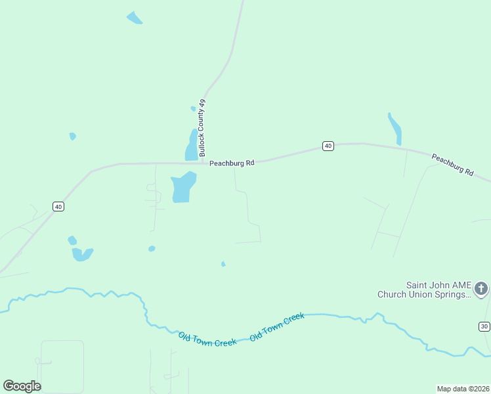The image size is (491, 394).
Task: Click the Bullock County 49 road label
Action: pyautogui.click(x=203, y=127)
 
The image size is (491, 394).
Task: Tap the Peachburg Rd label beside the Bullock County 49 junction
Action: pyautogui.click(x=232, y=163)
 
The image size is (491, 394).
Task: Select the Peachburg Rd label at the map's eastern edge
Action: pyautogui.click(x=452, y=164)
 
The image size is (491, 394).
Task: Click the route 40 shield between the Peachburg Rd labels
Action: pyautogui.click(x=328, y=146)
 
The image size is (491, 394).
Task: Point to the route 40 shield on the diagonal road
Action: pyautogui.click(x=58, y=207)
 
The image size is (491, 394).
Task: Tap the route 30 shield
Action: pyautogui.click(x=484, y=326)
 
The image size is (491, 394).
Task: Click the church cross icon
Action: pyautogui.click(x=481, y=288)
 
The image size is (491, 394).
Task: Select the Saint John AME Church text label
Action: pyautogui.click(x=424, y=290)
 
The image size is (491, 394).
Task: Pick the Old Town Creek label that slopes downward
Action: pyautogui.click(x=207, y=339)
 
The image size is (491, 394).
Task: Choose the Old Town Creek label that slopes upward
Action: pyautogui.click(x=277, y=326)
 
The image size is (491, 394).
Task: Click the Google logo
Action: pyautogui.click(x=22, y=386)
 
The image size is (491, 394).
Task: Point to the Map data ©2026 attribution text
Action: pyautogui.click(x=463, y=389)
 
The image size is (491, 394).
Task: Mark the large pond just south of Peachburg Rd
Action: pyautogui.click(x=182, y=187)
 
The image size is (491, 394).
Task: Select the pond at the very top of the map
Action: pyautogui.click(x=134, y=18)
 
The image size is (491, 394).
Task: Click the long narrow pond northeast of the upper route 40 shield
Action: pyautogui.click(x=395, y=129)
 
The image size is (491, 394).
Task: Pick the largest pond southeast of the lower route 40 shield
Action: pyautogui.click(x=82, y=254)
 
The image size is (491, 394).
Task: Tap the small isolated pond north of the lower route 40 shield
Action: pyautogui.click(x=73, y=136)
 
